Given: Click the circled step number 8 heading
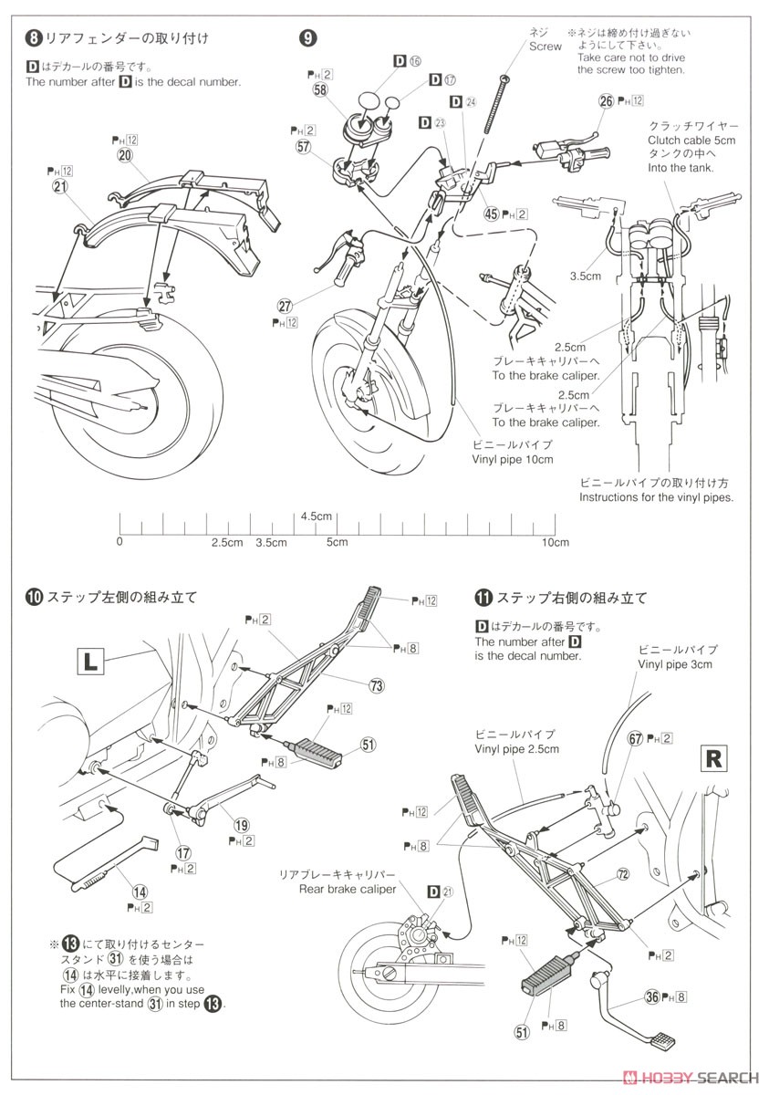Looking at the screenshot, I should pos(34,38).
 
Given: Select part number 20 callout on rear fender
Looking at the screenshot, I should pos(125,155).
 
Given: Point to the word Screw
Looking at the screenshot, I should pos(546,46).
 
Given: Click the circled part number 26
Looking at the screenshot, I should pos(606,102).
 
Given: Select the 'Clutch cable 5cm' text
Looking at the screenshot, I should pos(691,140).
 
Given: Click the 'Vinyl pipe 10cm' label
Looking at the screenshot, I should pos(512,459).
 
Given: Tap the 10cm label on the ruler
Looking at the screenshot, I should pos(556,542).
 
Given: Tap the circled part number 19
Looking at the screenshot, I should pos(241,824).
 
